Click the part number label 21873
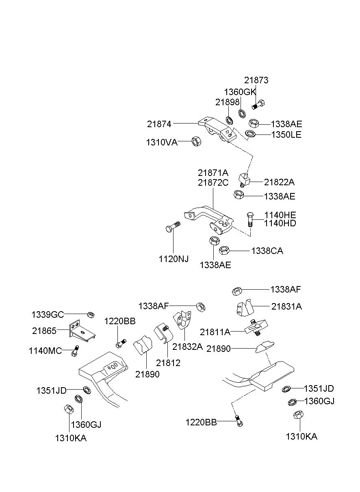(x=256, y=80)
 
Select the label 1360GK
(x=240, y=92)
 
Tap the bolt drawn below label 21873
(x=258, y=104)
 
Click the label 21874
(x=159, y=124)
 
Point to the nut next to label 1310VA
(x=197, y=141)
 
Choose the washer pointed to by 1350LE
(x=250, y=133)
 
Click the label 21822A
(x=279, y=182)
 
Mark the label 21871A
(x=213, y=173)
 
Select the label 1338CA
(x=267, y=251)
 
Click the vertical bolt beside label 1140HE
(x=250, y=220)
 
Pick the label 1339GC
(x=48, y=315)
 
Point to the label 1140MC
(x=45, y=351)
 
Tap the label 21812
(x=168, y=363)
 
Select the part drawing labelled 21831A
(x=245, y=308)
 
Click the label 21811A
(x=215, y=332)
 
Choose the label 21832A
(x=187, y=347)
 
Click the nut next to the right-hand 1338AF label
(x=237, y=291)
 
